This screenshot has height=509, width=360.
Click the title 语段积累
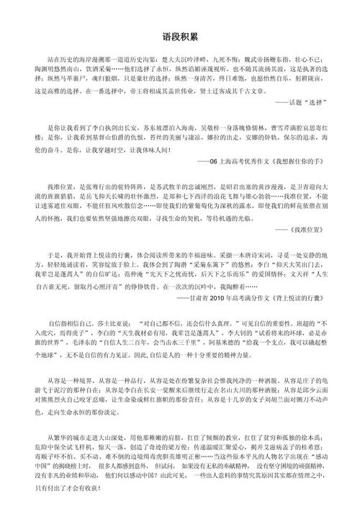click(x=180, y=35)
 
